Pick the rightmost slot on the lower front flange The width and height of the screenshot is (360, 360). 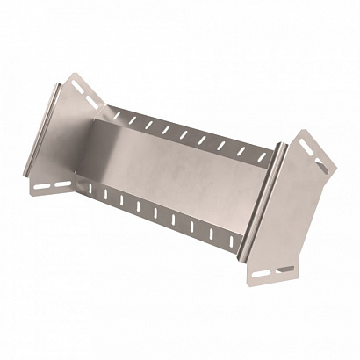pyautogui.click(x=234, y=236)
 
